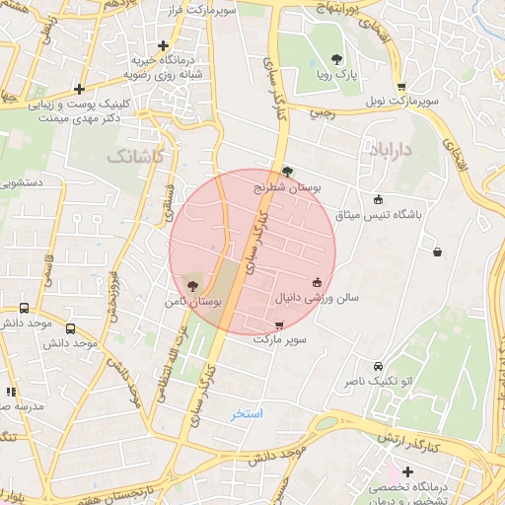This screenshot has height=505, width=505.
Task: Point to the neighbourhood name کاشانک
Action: pos(132,156)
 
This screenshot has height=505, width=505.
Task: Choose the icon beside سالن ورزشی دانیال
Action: pos(317,283)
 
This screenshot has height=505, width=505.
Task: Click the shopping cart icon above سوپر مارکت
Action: pos(280,325)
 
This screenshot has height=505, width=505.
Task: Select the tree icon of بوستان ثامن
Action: pos(192,285)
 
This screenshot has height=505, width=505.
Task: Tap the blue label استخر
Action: pos(247,413)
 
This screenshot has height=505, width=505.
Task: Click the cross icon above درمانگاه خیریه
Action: pos(164,44)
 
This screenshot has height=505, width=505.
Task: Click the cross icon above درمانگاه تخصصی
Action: pos(407,472)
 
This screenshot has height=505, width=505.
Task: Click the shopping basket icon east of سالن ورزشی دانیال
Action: pos(437,252)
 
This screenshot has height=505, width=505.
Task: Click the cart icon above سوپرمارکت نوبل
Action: pos(400,87)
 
